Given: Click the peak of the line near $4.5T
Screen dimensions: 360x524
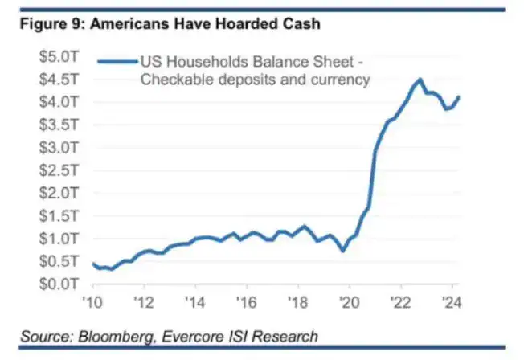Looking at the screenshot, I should coord(420,80).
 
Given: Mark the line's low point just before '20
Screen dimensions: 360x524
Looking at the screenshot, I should coord(343,251).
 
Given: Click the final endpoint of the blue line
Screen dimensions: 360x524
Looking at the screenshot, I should coord(459,97).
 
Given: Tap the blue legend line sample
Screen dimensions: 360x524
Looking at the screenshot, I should coord(117,60).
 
